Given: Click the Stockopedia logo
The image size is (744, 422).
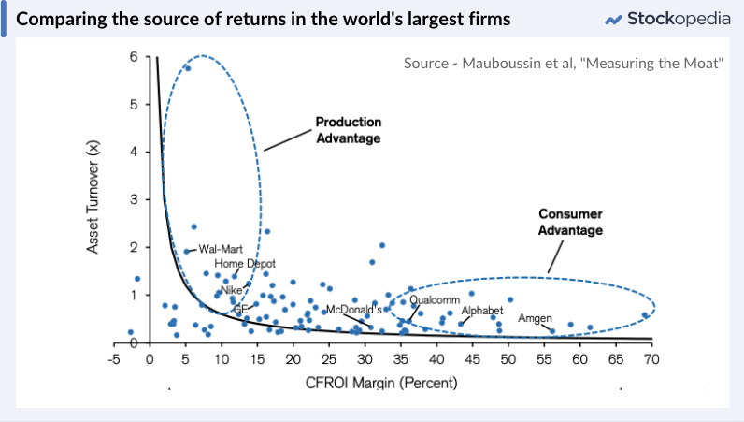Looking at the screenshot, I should coord(667,19).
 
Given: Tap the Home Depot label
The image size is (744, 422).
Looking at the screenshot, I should coord(245,265).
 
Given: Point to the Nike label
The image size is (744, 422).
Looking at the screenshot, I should coord(231,290).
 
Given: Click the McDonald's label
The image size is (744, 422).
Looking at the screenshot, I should coord(354,309).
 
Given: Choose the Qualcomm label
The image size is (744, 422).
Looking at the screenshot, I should coord(435,300).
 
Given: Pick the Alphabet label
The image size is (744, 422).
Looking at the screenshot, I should coord(482,310).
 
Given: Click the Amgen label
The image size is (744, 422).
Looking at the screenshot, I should coord(536,318).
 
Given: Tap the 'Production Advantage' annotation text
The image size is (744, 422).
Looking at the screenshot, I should coord(348,130).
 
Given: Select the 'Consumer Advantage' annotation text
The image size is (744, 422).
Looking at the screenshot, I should coord(570,221).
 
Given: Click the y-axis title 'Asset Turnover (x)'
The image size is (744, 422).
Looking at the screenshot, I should coord(93,198).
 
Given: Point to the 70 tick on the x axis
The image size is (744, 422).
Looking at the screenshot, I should coord(651,359).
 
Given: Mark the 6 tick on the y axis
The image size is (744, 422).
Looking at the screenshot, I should coord(135,57).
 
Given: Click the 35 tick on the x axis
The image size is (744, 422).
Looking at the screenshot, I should coord(400,359).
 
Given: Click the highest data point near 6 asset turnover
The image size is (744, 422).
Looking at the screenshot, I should coord(188,67).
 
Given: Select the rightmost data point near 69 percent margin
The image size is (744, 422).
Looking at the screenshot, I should coord(645,315).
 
